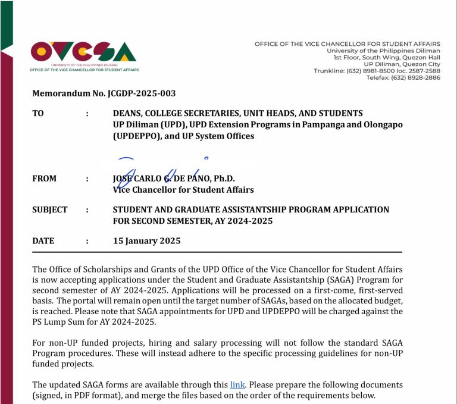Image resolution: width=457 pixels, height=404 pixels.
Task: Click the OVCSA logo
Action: pos(84,54)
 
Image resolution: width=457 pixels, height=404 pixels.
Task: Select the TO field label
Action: pos(38,113)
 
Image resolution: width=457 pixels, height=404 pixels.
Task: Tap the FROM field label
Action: pos(45,178)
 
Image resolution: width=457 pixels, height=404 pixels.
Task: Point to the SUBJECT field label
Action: pos(50,209)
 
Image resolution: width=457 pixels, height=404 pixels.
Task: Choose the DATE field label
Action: pos(43,241)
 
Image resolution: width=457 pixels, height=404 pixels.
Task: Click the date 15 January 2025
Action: pos(146,241)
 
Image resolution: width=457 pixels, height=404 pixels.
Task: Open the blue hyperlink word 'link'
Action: pos(237,384)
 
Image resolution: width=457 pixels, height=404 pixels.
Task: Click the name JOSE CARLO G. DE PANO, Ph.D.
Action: pos(174,178)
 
